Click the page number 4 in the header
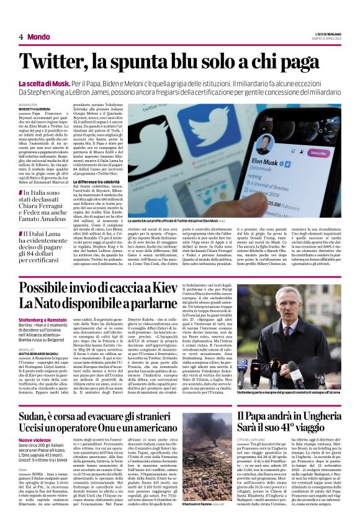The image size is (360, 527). tap(21, 37)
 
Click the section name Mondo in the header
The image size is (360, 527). tap(38, 37)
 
